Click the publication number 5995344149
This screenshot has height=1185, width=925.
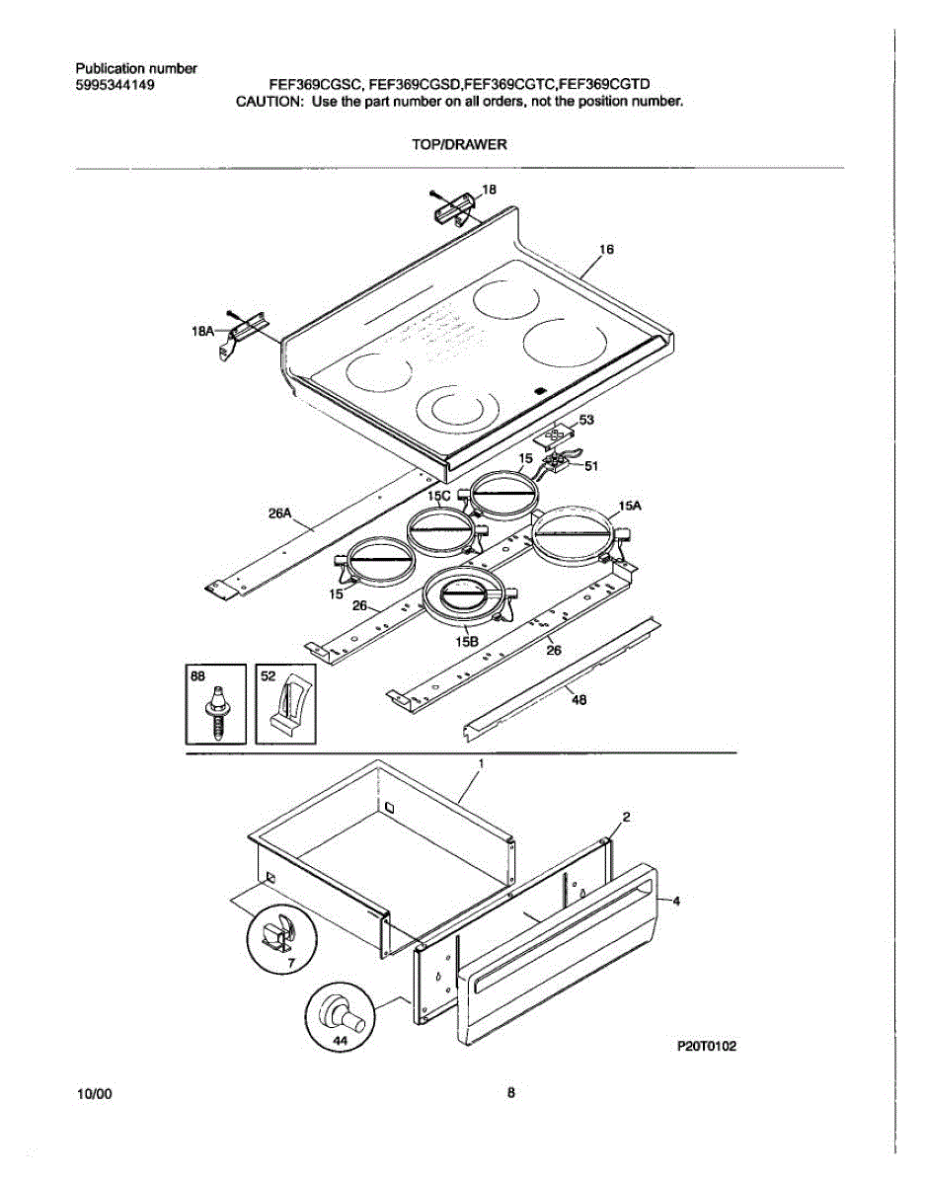pos(115,84)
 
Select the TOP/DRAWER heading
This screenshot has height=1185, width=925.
pos(459,144)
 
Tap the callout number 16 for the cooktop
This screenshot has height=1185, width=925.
pos(607,250)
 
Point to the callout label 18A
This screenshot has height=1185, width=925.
pos(202,333)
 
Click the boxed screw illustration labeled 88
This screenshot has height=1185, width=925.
pos(214,704)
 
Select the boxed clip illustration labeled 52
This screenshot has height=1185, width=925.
pos(286,704)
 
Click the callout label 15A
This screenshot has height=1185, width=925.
pos(630,505)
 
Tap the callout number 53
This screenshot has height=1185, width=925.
pos(586,421)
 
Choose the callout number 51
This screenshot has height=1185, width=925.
pos(591,466)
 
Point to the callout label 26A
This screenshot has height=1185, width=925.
pos(280,513)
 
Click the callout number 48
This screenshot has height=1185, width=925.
pos(579,700)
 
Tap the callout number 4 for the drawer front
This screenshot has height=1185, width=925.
pos(676,901)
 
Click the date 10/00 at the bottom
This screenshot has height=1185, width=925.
pos(94,1095)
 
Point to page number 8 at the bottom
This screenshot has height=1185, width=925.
pos(511,1093)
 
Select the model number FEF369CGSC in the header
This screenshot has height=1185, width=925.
pos(314,85)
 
